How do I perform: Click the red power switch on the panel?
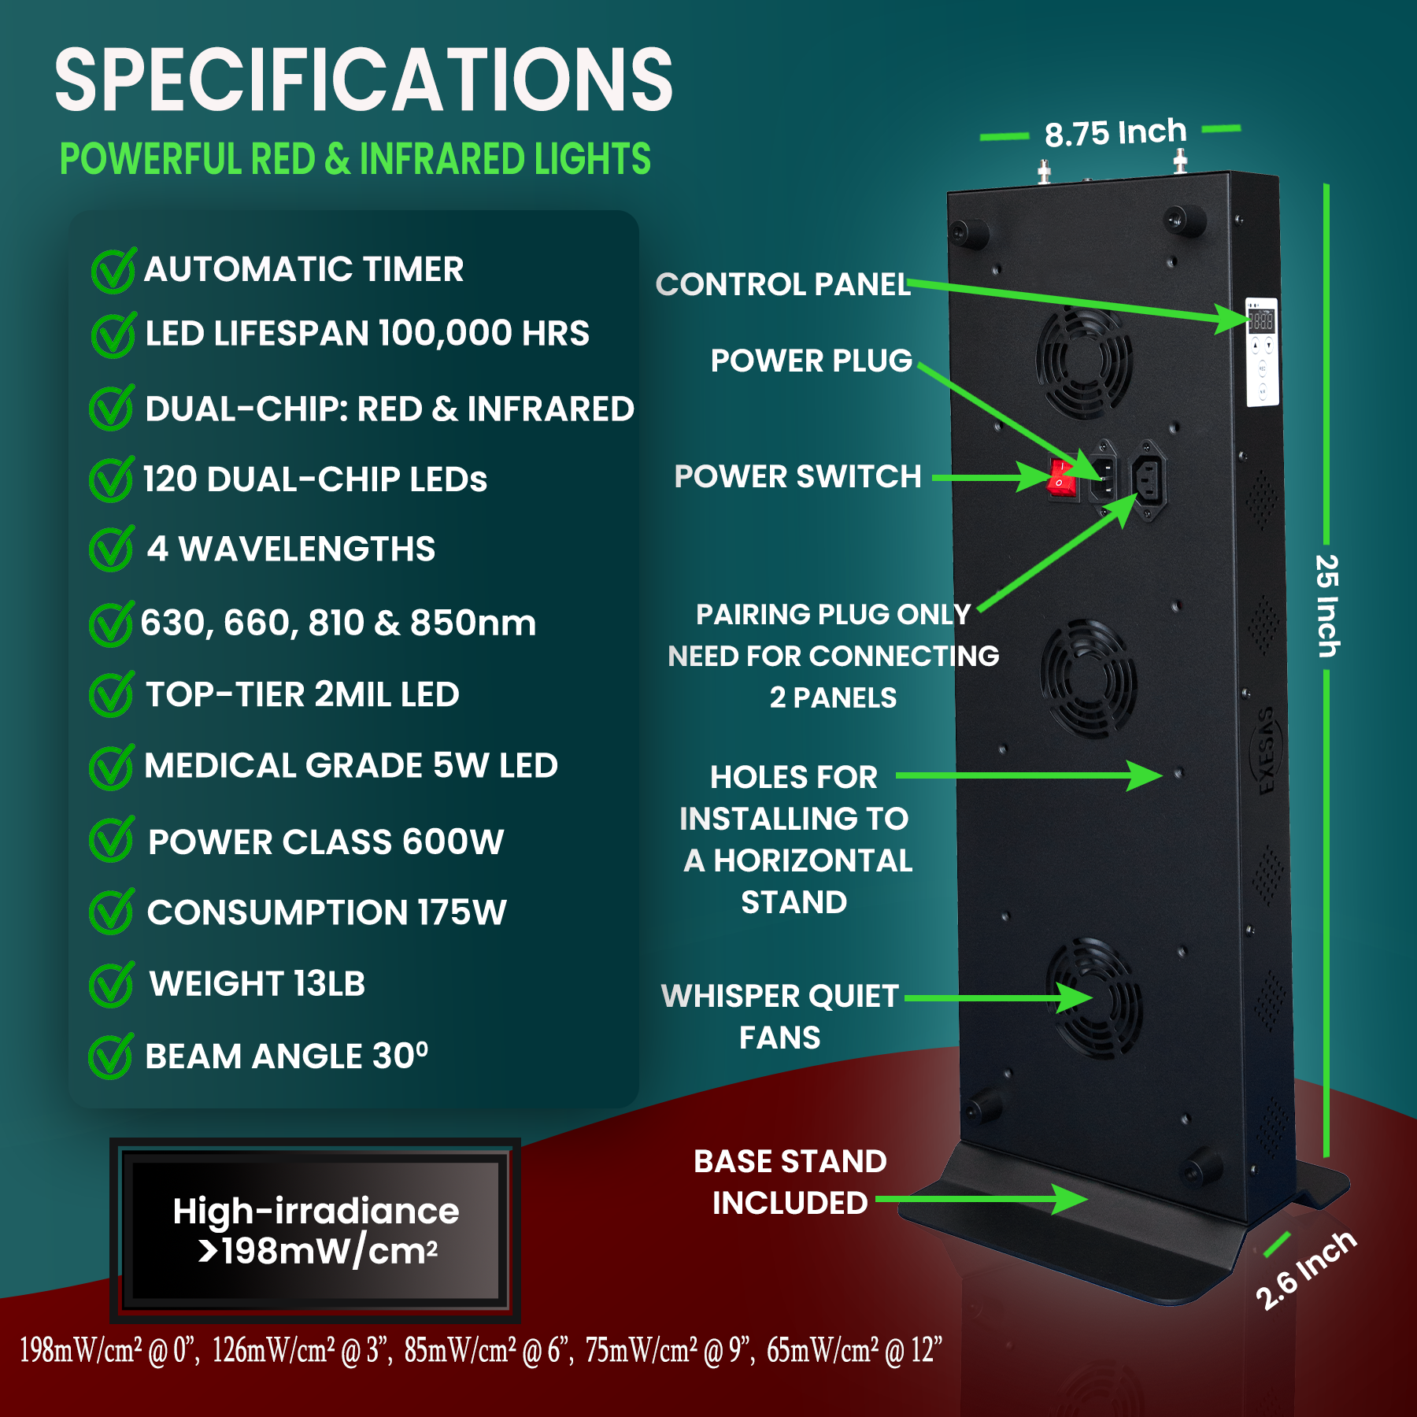coord(1062,478)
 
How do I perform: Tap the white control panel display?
coord(1261,351)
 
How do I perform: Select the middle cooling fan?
coord(1088,678)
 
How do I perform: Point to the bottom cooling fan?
coord(1094,998)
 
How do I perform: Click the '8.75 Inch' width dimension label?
coord(1115,133)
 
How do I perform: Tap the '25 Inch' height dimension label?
coord(1327,605)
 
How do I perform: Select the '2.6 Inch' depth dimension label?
coord(1305,1270)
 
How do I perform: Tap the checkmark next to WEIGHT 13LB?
coord(112,984)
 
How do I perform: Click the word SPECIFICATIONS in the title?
coord(364,80)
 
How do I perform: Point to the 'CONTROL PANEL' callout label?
coord(783,284)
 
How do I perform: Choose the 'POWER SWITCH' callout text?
coord(797,476)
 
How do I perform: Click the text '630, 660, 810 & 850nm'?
coord(339,623)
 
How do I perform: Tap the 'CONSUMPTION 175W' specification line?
coord(327,912)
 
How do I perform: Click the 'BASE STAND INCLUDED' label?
coord(790,1182)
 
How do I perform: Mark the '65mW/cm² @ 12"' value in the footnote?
coord(854,1350)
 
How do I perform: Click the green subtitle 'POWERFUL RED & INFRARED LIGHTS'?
coord(355,159)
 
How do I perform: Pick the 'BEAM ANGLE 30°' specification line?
coord(287,1056)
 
